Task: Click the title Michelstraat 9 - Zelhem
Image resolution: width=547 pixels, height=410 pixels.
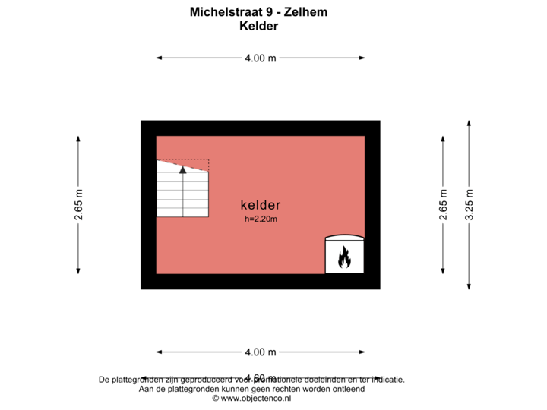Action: tap(259, 12)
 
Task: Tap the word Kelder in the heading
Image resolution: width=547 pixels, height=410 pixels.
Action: tap(259, 26)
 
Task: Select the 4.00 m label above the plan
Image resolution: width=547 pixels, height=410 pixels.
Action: tap(260, 58)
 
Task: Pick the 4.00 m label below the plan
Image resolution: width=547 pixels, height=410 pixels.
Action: tap(260, 352)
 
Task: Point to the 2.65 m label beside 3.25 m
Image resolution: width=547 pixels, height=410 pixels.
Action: tap(444, 204)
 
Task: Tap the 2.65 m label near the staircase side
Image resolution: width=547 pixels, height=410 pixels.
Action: tap(78, 204)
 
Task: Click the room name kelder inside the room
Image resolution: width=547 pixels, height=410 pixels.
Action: tap(261, 205)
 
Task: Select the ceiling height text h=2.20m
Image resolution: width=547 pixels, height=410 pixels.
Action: tap(261, 219)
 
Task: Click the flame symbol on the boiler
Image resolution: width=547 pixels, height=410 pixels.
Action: tap(344, 257)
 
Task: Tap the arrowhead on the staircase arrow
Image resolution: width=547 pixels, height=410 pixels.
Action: tap(182, 169)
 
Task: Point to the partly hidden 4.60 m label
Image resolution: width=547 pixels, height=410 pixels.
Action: tap(260, 377)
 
